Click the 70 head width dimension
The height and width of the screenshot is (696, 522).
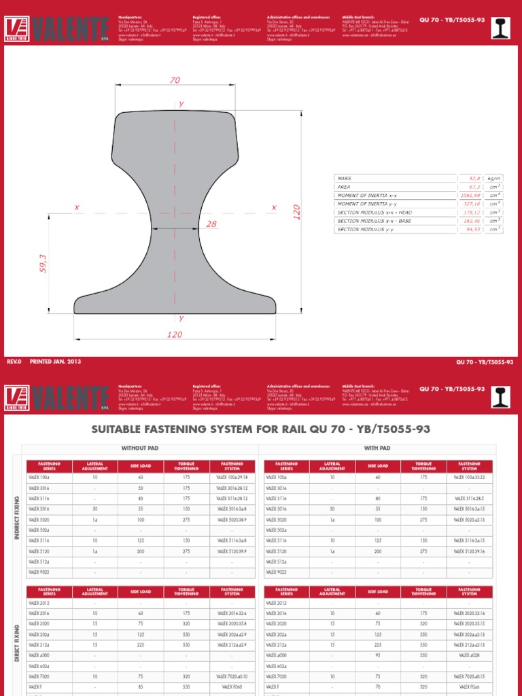(x=175, y=80)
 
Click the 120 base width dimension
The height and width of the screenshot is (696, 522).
(x=175, y=334)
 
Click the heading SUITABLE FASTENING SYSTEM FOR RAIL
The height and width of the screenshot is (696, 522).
(x=260, y=430)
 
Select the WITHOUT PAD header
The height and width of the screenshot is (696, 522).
(x=139, y=449)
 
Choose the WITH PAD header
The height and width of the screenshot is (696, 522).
(x=377, y=449)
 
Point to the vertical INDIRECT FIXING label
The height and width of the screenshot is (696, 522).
(x=17, y=518)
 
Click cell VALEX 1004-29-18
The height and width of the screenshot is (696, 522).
(x=232, y=478)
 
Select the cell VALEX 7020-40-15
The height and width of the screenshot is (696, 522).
(x=470, y=677)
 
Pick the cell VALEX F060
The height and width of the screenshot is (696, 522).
(x=232, y=686)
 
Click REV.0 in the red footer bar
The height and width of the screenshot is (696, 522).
(x=14, y=362)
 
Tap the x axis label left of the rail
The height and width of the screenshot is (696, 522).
(x=77, y=207)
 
